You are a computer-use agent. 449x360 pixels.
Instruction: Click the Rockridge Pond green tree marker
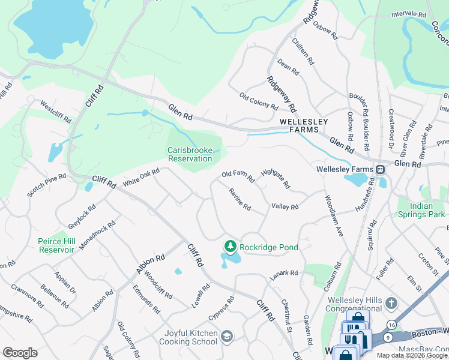(x=229, y=246)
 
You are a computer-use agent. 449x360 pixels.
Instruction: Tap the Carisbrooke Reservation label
(x=190, y=154)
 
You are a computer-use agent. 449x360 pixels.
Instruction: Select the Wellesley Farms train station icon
(x=380, y=169)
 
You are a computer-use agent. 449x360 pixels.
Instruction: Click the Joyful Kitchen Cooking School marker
(x=227, y=337)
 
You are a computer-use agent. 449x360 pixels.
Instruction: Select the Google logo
(x=20, y=353)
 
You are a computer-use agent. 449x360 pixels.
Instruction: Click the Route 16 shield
(x=391, y=325)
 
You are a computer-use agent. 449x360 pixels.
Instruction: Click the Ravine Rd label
(x=240, y=198)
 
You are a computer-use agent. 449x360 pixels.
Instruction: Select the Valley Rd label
(x=285, y=206)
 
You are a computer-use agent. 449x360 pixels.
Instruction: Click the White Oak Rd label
(x=141, y=177)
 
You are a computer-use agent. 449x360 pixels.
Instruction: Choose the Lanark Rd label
(x=283, y=273)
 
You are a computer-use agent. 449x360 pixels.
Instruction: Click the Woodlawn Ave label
(x=334, y=215)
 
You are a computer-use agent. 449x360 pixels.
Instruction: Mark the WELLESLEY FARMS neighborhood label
(x=304, y=125)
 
